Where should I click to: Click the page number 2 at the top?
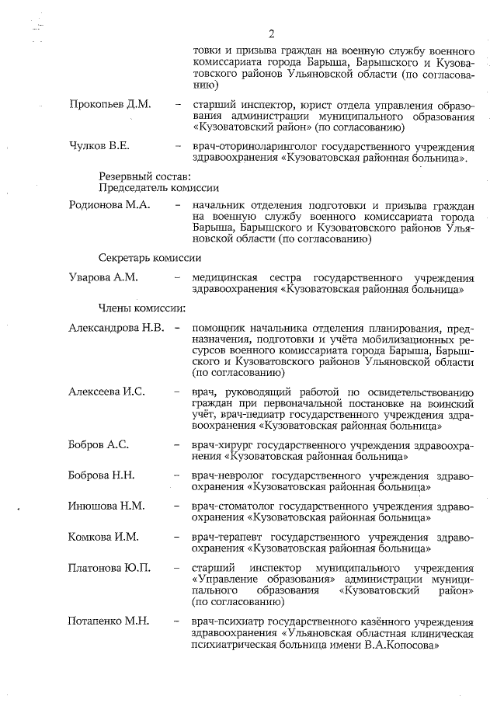pos(272,33)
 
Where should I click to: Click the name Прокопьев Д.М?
pos(109,104)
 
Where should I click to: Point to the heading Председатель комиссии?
pos(158,188)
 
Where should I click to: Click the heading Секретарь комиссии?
pos(151,257)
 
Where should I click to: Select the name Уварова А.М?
pos(103,277)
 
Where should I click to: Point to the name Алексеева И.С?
pos(106,391)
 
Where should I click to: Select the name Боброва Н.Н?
pos(102,475)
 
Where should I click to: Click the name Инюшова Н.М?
pos(106,506)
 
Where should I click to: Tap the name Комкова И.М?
pos(103,537)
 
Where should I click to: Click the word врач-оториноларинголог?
pos(254,146)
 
